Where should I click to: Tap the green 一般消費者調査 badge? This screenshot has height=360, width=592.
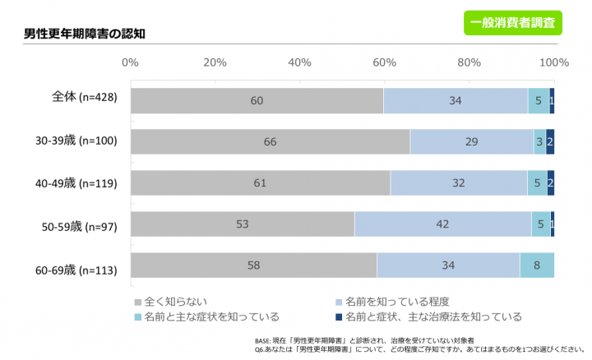[x=513, y=22]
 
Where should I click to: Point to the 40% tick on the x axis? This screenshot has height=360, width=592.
[x=299, y=62]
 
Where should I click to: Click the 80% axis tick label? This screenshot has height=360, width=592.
[x=469, y=62]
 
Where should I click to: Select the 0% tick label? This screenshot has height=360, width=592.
[x=130, y=62]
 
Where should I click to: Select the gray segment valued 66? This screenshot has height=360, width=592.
[x=270, y=141]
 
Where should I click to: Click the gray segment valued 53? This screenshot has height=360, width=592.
[x=243, y=224]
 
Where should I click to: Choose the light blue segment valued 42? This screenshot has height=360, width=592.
[x=442, y=224]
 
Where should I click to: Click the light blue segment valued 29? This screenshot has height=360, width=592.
[x=471, y=141]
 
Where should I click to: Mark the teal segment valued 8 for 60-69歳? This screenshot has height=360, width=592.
[x=536, y=265]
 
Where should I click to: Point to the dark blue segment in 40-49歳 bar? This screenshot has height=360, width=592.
[x=550, y=182]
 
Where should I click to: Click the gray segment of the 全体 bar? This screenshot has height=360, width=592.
[x=257, y=100]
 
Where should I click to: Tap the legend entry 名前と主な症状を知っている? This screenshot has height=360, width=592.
[x=206, y=316]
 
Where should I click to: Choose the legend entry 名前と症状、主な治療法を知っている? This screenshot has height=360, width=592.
[x=428, y=316]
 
